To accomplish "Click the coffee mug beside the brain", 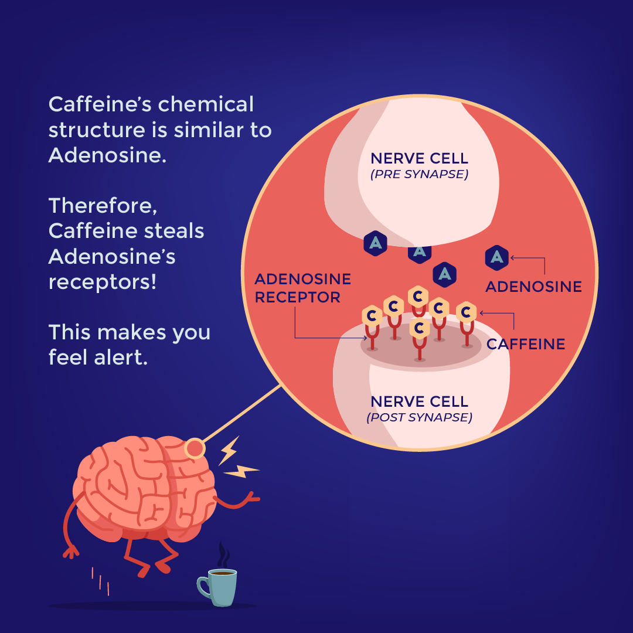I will tap(222, 587).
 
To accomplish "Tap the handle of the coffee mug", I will tap(203, 586).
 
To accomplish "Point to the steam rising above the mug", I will tap(222, 554).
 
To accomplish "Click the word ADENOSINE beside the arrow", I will tap(533, 287).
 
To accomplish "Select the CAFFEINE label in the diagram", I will tap(526, 344).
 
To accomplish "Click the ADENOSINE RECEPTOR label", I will tap(302, 288).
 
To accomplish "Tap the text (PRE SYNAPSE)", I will tap(419, 174).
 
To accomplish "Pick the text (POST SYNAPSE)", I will tap(419, 417).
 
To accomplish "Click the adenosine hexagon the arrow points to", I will tap(497, 257).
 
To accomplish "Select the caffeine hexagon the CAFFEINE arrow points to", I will tap(466, 313).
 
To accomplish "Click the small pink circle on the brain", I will tap(195, 449).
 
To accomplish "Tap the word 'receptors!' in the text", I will tap(103, 283).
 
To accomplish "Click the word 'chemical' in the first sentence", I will tap(206, 104).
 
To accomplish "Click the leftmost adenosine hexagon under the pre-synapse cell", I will tap(375, 243).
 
